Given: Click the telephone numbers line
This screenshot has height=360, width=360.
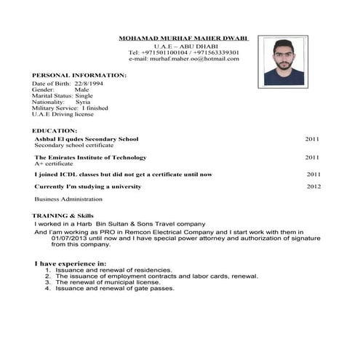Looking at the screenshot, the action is coord(183,52).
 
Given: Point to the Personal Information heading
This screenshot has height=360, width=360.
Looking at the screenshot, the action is coord(79,75).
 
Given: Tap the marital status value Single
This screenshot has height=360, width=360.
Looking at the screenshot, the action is coord(84,95).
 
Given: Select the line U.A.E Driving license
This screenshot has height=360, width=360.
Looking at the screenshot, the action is coord(63,114).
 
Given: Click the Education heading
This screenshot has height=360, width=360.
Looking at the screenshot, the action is coord(55,131).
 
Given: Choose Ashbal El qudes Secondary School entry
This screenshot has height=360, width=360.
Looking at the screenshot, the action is coord(87,139).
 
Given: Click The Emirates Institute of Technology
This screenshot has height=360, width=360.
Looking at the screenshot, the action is coord(90,157).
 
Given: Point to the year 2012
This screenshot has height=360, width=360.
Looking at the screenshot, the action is coord(313,187).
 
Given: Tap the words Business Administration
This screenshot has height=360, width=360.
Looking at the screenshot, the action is coord(68,199).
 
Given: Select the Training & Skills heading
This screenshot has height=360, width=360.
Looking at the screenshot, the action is coord(63,216).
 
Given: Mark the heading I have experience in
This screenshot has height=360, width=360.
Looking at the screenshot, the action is coord(71,263).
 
